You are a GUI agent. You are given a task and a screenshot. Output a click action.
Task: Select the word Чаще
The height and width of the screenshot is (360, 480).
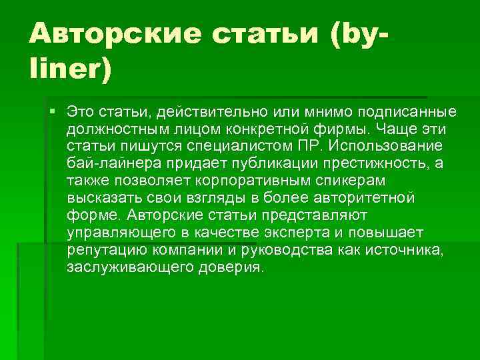[403, 127]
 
